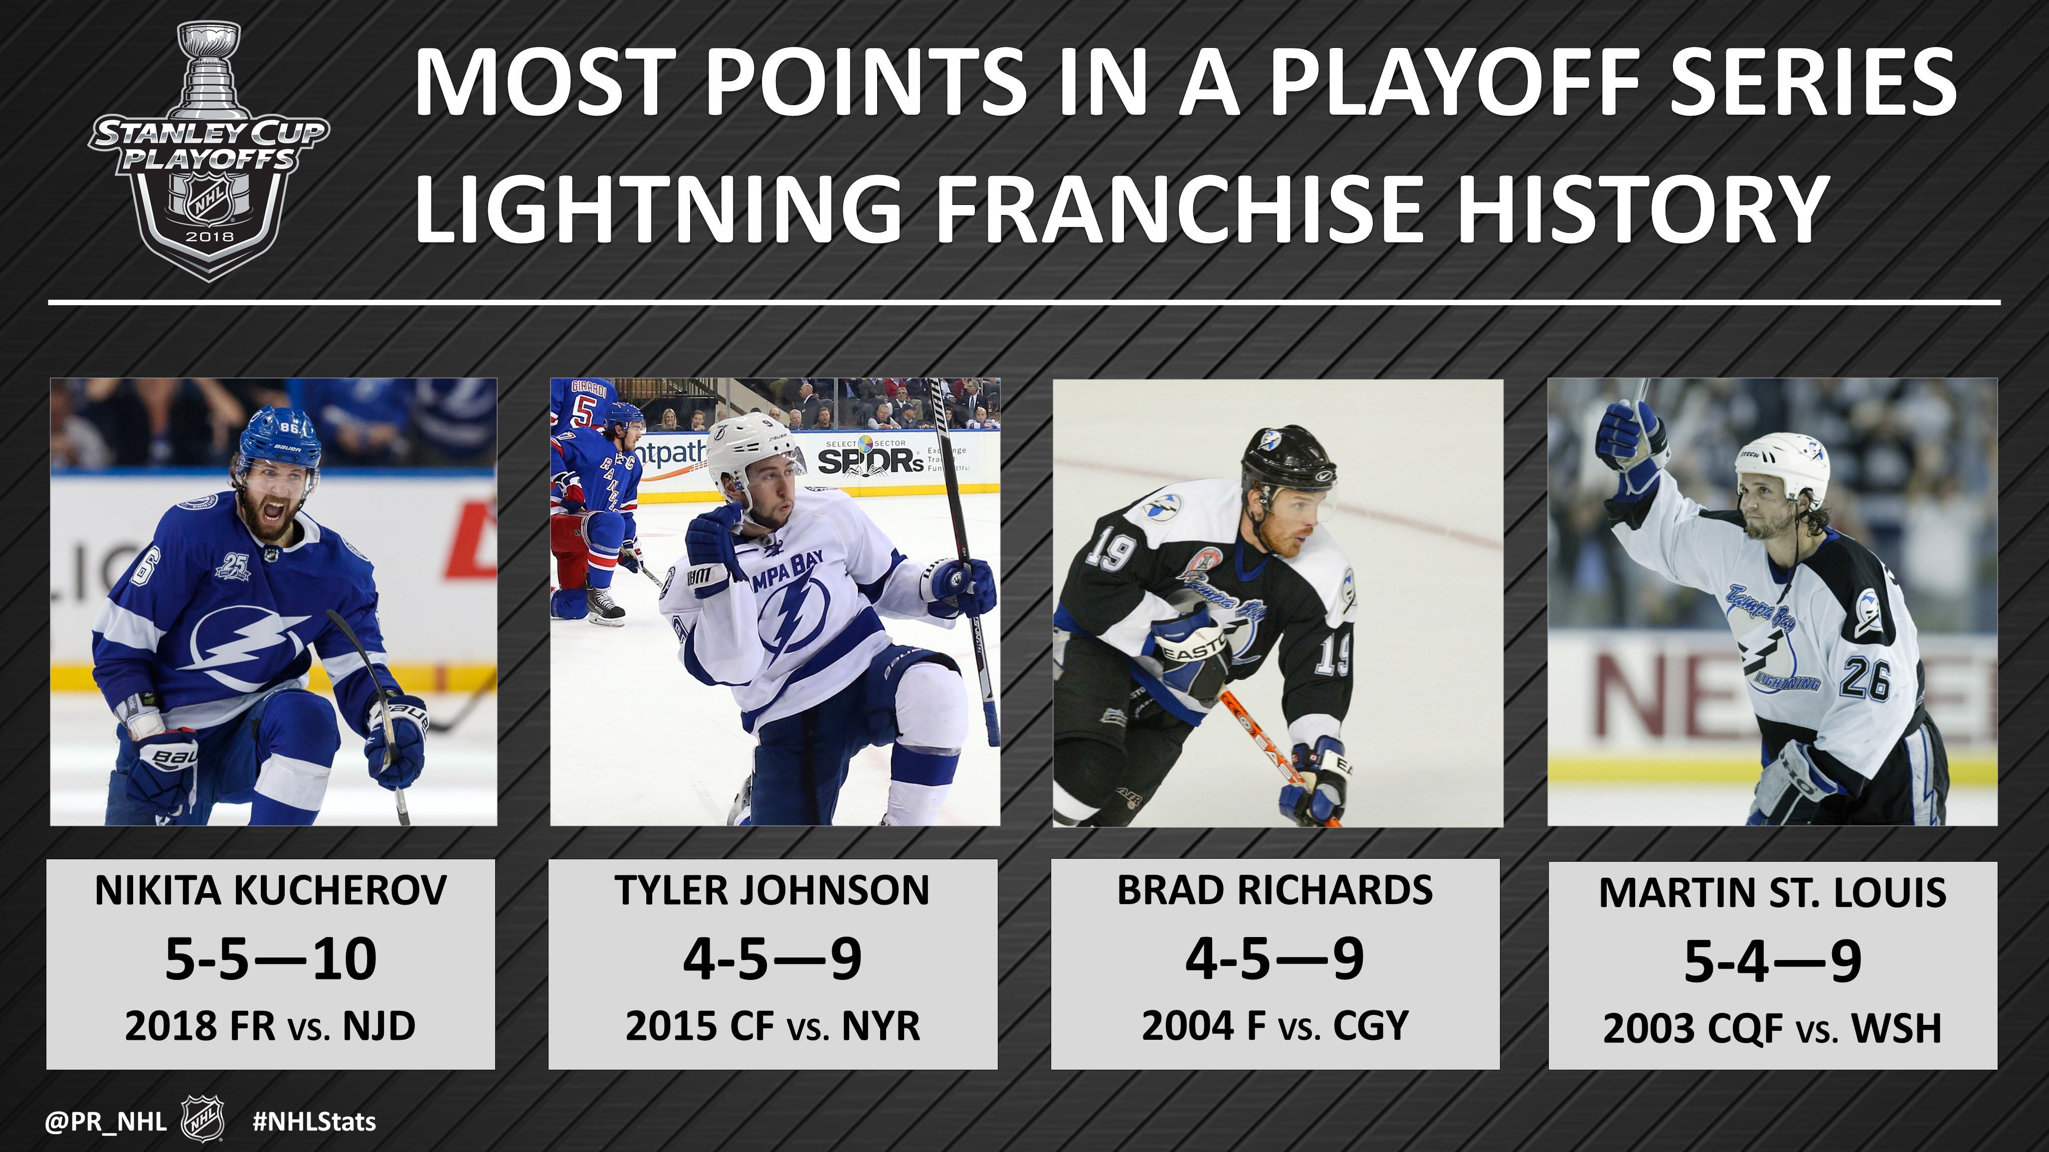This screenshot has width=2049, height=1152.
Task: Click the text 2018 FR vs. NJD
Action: (270, 1026)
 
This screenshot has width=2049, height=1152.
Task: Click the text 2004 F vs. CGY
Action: (1275, 1026)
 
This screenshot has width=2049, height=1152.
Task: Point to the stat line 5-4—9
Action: (1773, 961)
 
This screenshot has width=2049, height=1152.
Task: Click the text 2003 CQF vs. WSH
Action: (1773, 1029)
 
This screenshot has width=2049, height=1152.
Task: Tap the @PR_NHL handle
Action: (106, 1122)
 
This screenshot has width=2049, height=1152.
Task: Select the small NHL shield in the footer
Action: (203, 1120)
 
